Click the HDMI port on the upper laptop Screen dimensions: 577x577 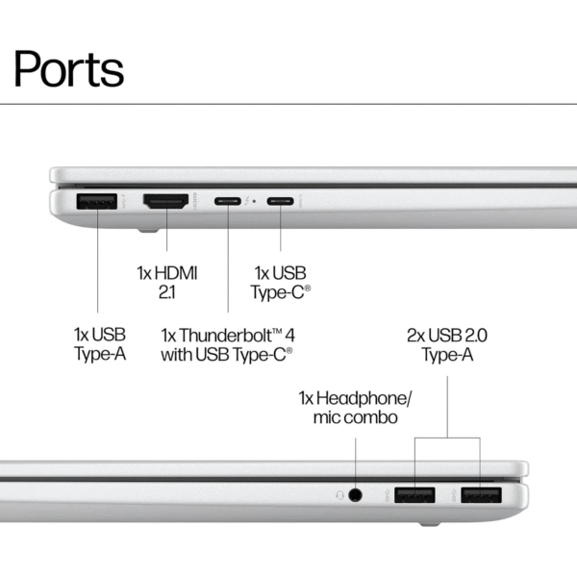pos(165,202)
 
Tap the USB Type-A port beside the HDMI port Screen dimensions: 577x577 pos(96,202)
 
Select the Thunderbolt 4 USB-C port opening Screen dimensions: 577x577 pos(228,202)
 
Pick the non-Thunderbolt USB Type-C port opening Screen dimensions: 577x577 pos(281,202)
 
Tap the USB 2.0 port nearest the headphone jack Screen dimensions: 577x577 pos(415,495)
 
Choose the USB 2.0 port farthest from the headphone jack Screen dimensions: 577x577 pos(480,495)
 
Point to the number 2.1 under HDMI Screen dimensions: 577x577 pos(165,292)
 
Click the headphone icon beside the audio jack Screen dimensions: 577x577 pos(339,495)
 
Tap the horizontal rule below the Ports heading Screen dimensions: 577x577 pos(288,104)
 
